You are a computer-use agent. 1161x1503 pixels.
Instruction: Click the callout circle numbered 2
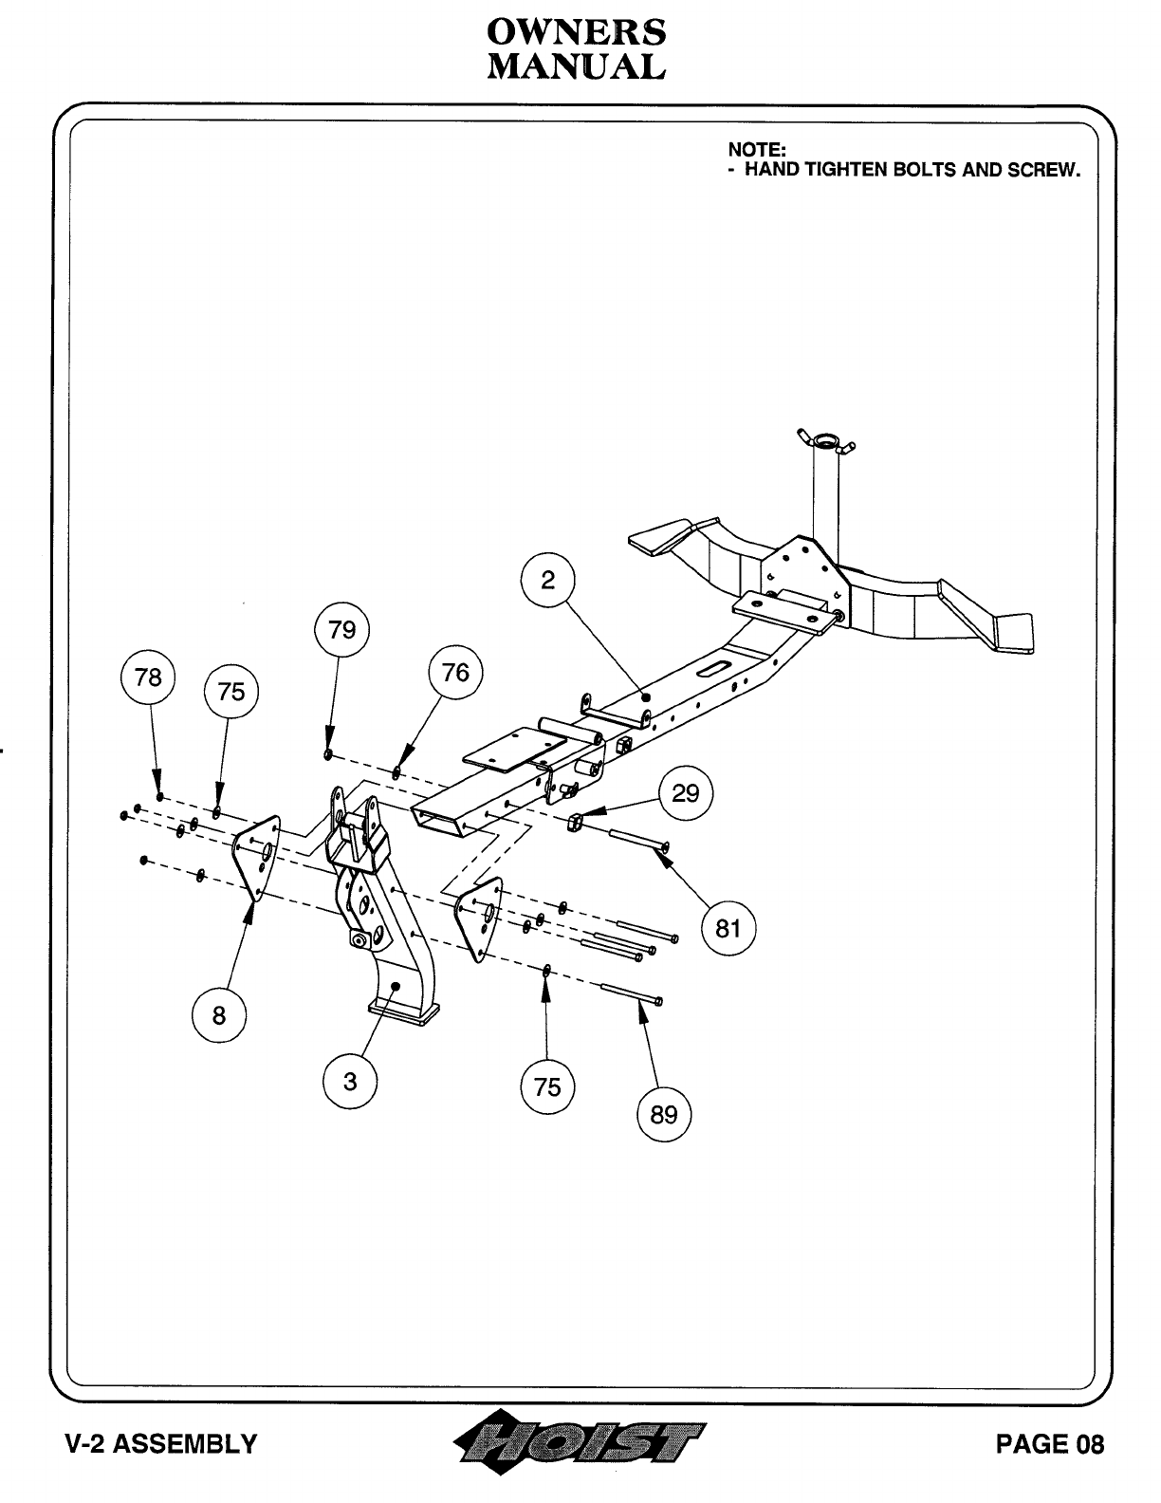[548, 581]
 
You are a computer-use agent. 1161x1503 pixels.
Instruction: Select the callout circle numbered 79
[341, 630]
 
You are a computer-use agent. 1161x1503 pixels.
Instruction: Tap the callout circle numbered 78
[149, 677]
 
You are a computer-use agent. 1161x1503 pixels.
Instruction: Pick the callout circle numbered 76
[455, 673]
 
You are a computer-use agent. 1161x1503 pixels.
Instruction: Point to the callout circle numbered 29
[686, 792]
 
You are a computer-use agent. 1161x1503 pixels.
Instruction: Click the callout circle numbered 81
[728, 927]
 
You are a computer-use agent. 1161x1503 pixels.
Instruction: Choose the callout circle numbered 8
[219, 1015]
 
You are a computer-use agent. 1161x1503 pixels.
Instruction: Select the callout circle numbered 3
[350, 1081]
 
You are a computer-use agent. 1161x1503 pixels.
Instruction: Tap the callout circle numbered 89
[664, 1114]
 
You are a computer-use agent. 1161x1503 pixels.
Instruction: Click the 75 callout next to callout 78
[231, 692]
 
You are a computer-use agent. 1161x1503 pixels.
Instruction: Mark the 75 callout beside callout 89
[547, 1086]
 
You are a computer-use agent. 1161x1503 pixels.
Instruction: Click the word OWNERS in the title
[577, 32]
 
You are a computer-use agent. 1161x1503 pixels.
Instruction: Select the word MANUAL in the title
[577, 66]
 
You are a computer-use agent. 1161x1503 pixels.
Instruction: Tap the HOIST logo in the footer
[580, 1444]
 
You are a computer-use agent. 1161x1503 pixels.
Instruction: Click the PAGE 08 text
[1049, 1444]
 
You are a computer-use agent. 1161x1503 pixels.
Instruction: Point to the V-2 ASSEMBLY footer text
[160, 1444]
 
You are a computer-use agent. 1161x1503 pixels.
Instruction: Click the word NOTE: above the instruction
[757, 149]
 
